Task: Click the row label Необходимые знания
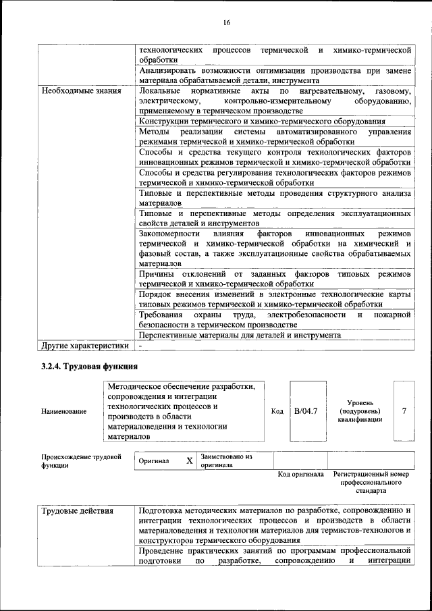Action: [81, 90]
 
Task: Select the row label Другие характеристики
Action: [84, 346]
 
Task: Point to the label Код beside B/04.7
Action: [277, 410]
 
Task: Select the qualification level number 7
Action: [404, 410]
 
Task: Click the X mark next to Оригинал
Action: [190, 461]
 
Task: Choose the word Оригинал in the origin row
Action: [153, 461]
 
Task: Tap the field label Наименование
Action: [64, 411]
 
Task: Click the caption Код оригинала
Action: [300, 475]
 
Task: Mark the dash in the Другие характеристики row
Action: [140, 346]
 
